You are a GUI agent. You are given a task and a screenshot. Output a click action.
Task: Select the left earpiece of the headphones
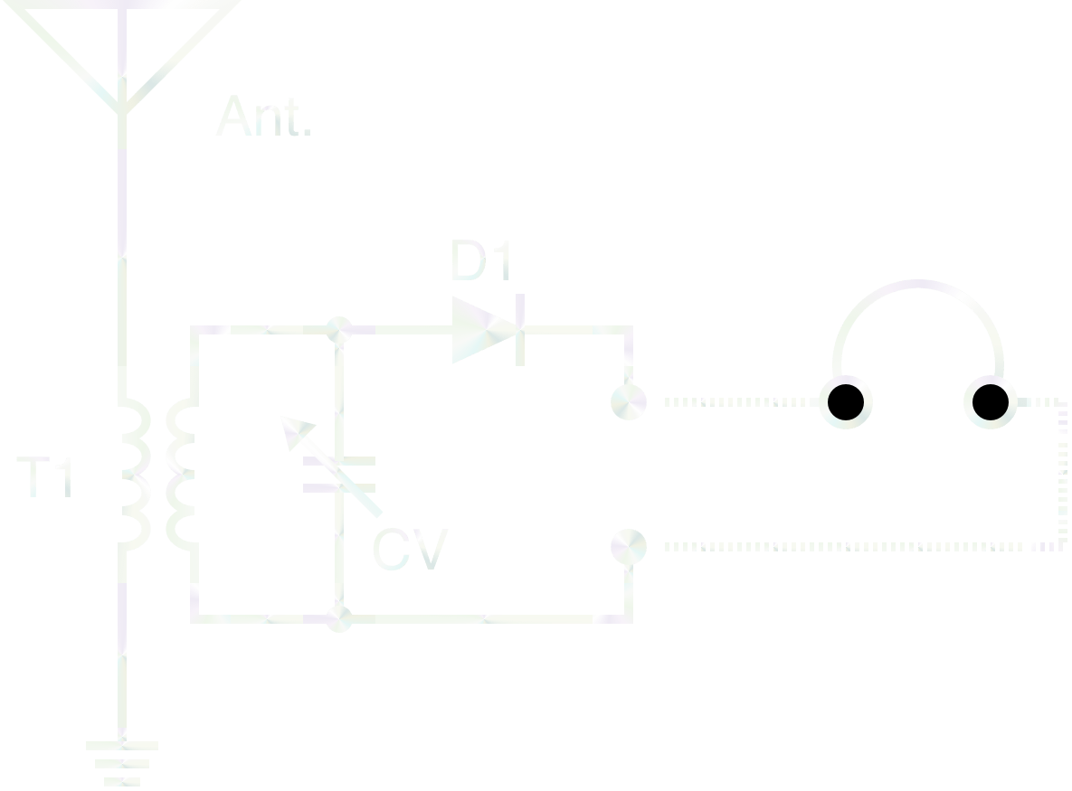coord(846,402)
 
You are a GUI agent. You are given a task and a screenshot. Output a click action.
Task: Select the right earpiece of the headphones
coord(990,402)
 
